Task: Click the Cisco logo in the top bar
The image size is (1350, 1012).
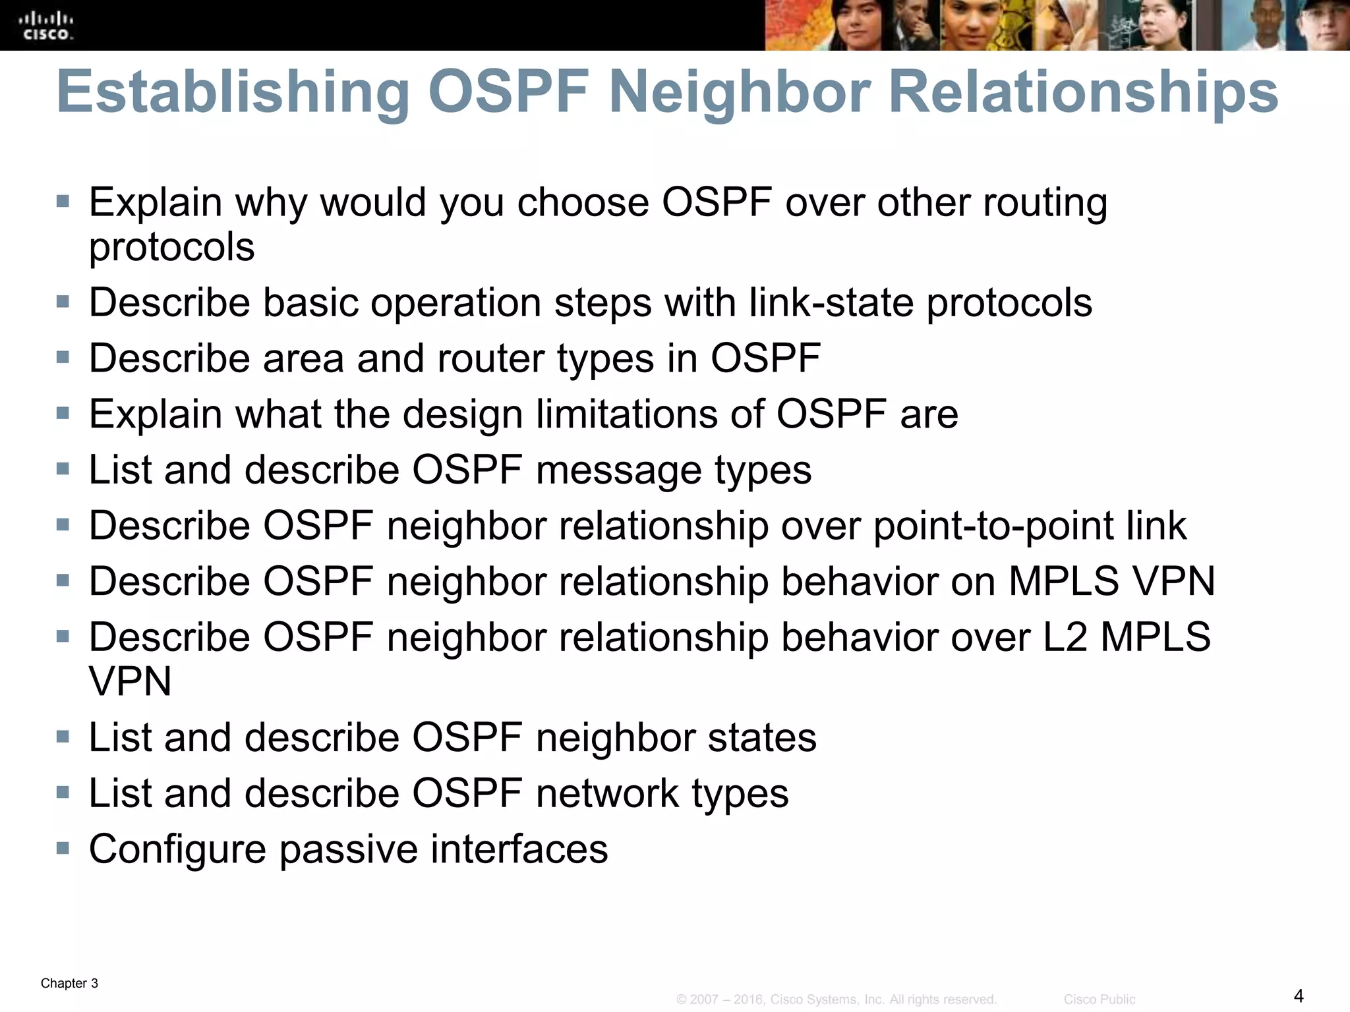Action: click(46, 26)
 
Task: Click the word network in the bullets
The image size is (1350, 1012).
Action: click(607, 793)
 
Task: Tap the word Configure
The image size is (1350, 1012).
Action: click(177, 849)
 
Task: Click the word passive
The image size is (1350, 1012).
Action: click(348, 849)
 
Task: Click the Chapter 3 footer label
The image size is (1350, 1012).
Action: click(69, 984)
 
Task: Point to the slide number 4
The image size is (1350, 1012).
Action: click(1299, 995)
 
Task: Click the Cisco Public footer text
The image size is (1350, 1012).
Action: click(1099, 999)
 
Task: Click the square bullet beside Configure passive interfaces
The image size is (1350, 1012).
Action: click(63, 847)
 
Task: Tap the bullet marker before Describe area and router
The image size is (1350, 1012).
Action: click(63, 357)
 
